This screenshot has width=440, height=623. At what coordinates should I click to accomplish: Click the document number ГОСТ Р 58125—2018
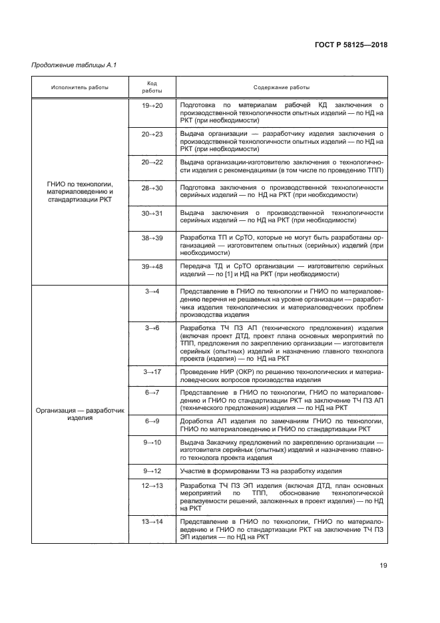[351, 45]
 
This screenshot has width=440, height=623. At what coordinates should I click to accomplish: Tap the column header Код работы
[152, 87]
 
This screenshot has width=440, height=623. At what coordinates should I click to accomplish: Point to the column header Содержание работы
[281, 87]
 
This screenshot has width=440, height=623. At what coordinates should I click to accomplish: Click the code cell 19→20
[152, 105]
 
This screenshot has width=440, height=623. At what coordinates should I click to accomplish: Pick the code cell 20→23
[152, 134]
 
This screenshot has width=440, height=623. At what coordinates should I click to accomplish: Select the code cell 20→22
[152, 162]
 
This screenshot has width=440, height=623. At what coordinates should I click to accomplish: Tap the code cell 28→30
[152, 188]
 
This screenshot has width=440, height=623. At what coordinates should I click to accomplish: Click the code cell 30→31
[152, 212]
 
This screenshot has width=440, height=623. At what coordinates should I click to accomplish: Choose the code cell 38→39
[152, 237]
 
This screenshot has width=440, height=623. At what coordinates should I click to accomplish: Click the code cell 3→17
[152, 371]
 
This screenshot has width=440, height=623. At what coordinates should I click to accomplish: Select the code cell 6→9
[152, 421]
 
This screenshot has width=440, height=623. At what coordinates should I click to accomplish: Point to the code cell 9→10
[152, 442]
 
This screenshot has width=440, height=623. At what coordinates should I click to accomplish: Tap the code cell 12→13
[152, 486]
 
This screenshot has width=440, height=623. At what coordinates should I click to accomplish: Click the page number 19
[383, 566]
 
